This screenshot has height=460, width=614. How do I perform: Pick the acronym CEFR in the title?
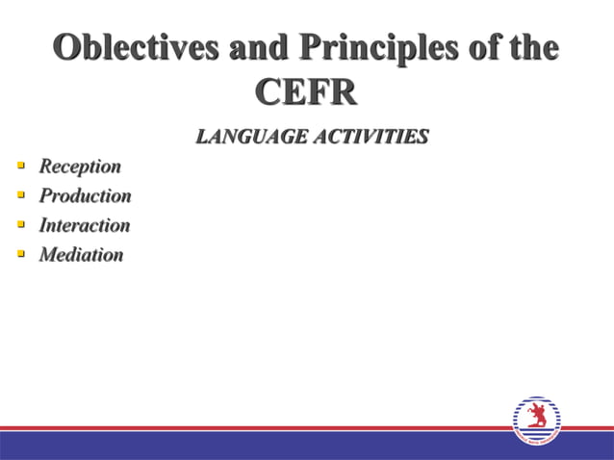click(306, 92)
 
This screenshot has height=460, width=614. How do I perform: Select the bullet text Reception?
click(80, 166)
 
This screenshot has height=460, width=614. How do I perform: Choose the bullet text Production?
click(85, 196)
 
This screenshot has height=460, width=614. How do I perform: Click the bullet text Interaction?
click(84, 226)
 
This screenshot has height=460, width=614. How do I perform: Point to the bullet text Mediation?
click(81, 256)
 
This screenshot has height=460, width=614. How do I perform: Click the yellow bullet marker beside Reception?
click(20, 166)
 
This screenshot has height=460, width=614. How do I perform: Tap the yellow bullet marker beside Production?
click(20, 195)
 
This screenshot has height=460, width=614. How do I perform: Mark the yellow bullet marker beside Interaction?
click(20, 225)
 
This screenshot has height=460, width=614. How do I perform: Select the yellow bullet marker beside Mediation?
click(20, 255)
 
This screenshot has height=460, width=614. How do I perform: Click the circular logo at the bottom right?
click(536, 421)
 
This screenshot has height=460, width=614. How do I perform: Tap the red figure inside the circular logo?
click(536, 416)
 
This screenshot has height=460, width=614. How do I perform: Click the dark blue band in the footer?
click(241, 446)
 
